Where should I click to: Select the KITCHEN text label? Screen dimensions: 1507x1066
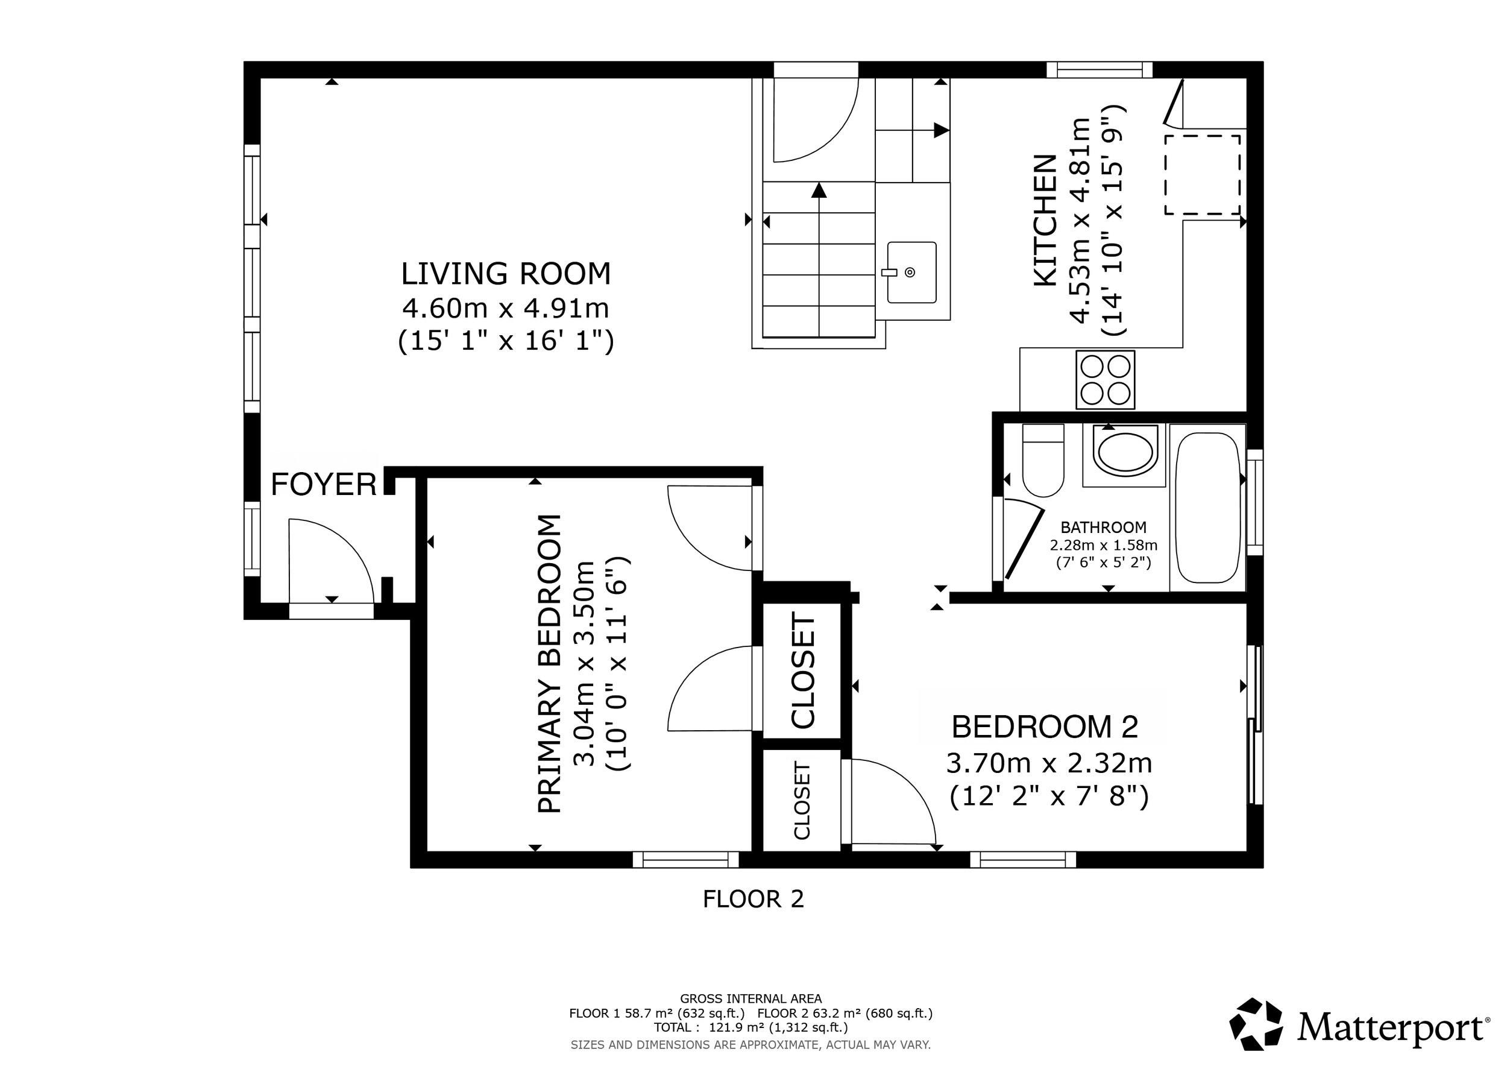click(1046, 221)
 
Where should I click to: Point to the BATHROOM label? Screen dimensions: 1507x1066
click(1103, 527)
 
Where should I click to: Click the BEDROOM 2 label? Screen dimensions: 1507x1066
click(1045, 727)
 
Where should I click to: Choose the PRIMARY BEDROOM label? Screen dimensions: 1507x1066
click(550, 664)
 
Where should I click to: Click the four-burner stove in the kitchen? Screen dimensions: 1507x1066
click(1106, 379)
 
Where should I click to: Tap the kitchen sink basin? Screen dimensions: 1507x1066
click(911, 273)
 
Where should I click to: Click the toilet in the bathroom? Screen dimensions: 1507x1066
click(1043, 461)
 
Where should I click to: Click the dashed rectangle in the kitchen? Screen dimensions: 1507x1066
click(1203, 175)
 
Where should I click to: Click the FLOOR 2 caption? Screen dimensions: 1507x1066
click(753, 899)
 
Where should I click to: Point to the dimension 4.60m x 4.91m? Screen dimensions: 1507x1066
click(505, 307)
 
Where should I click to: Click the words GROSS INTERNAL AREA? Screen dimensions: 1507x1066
click(751, 998)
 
